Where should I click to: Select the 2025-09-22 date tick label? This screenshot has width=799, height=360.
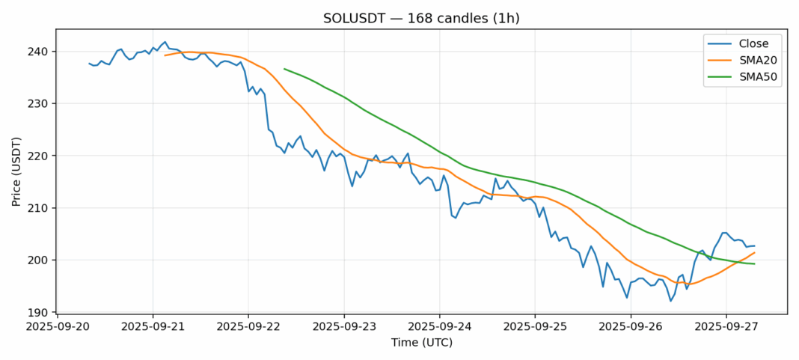248,327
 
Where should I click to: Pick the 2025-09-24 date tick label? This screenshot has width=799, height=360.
439,327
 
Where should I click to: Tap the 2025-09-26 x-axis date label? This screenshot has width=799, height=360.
631,327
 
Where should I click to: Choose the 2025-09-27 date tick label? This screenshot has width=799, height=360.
726,327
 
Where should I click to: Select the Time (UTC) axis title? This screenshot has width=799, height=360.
421,343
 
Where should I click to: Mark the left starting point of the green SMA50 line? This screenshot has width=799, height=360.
284,69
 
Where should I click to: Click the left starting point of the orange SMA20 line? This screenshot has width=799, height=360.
165,55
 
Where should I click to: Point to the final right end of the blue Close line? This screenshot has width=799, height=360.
754,245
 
